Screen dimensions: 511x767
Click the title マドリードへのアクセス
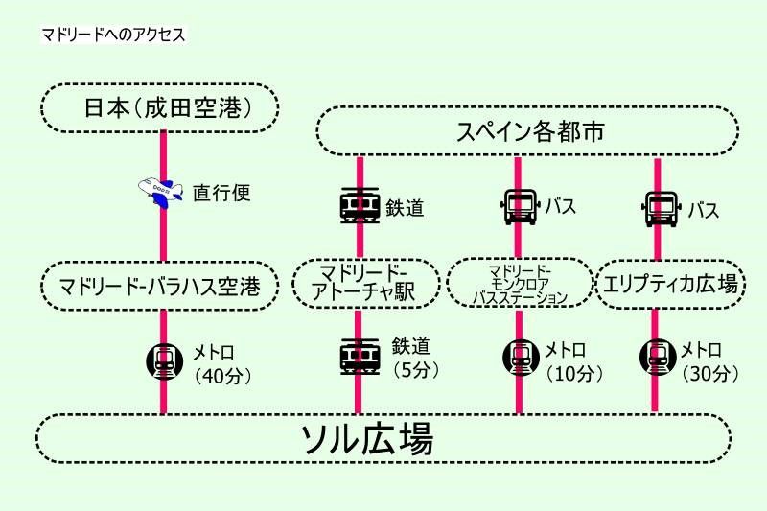click(x=112, y=35)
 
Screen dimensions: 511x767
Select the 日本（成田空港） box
click(x=160, y=107)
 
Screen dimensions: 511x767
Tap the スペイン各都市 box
click(x=527, y=131)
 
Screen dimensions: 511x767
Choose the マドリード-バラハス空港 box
click(x=160, y=285)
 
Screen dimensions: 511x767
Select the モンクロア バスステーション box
click(x=520, y=283)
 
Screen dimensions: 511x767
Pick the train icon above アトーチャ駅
click(x=359, y=206)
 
